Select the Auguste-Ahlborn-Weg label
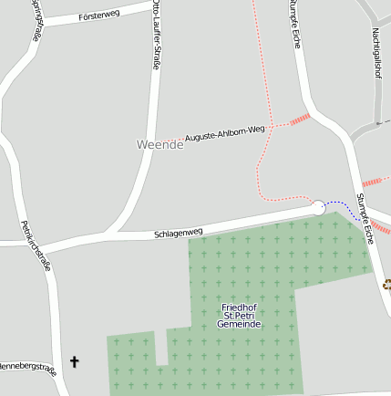(224, 133)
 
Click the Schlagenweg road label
(178, 233)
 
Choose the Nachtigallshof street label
(376, 53)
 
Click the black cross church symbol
(75, 362)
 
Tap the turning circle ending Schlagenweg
(318, 208)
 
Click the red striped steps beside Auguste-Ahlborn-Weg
(300, 118)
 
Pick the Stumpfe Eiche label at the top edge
(295, 23)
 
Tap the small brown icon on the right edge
(386, 285)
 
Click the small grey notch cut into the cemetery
(161, 346)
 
